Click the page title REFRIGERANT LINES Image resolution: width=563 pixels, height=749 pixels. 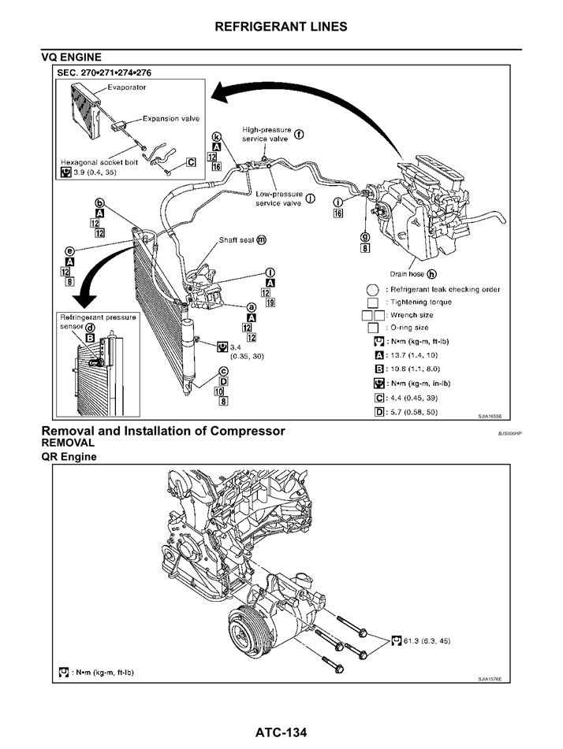tap(281, 27)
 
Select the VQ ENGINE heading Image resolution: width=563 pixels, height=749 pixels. tap(71, 57)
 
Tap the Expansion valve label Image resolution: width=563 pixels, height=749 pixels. tap(170, 119)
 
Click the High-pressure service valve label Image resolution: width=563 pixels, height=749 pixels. tap(266, 134)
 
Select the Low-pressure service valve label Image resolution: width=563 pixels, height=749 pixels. tap(278, 198)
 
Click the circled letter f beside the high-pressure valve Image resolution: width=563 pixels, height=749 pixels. tap(299, 134)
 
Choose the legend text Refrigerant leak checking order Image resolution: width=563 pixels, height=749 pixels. tap(444, 289)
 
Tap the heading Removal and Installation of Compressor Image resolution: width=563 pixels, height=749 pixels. tap(163, 432)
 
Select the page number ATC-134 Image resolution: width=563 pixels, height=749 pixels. tap(281, 733)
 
